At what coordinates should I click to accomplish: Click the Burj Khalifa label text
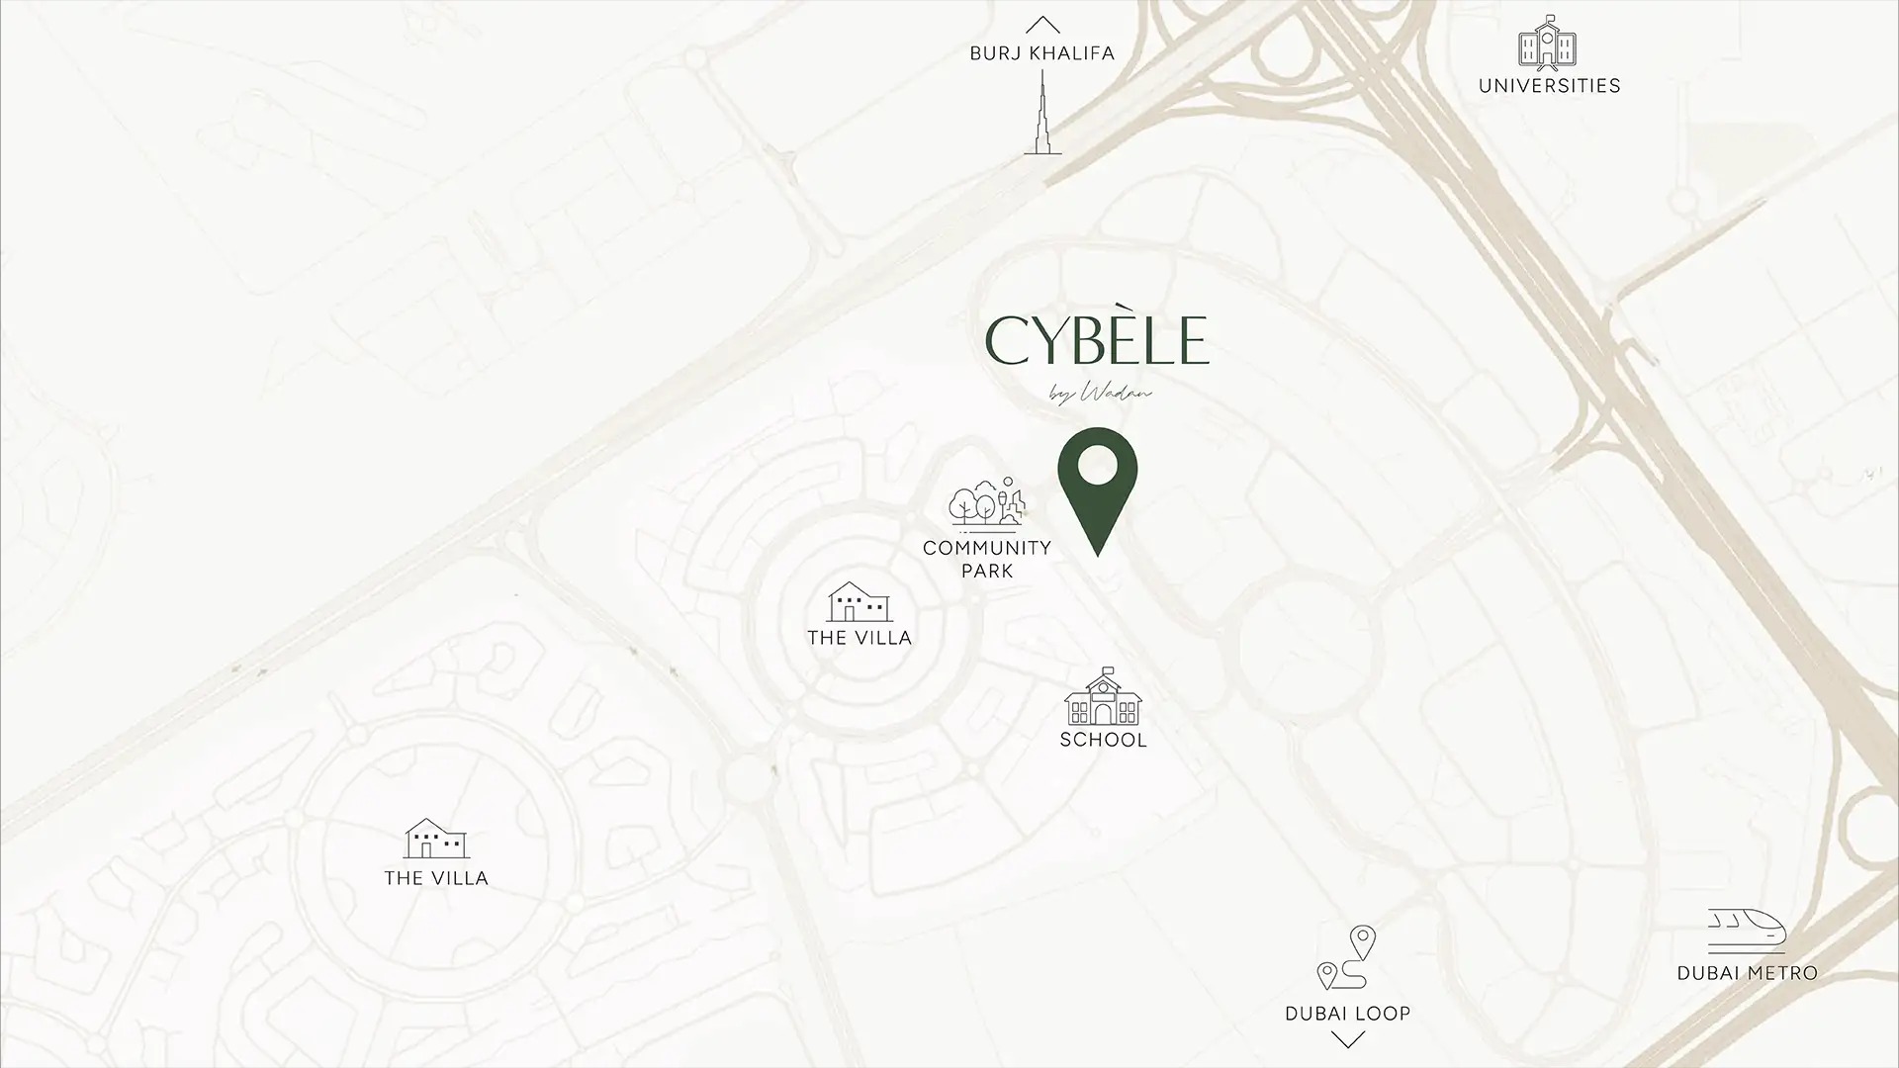click(x=1041, y=53)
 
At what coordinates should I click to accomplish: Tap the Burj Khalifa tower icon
click(x=1042, y=114)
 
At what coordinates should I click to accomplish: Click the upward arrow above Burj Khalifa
click(x=1042, y=25)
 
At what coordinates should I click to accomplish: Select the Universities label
click(x=1549, y=86)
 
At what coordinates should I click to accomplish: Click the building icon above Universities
click(x=1547, y=42)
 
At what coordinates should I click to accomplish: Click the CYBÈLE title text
click(x=1097, y=341)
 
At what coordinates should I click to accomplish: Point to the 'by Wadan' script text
click(x=1101, y=394)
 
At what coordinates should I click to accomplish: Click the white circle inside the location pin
click(x=1098, y=464)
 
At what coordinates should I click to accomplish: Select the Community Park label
click(x=987, y=559)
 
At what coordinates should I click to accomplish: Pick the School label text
click(x=1103, y=740)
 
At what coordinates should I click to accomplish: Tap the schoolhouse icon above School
click(x=1103, y=696)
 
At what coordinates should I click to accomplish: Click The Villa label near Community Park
click(x=859, y=638)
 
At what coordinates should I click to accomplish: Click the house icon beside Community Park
click(x=859, y=601)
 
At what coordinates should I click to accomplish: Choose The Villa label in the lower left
click(x=436, y=878)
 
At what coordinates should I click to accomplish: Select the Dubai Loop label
click(x=1347, y=1014)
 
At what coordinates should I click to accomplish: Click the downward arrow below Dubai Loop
click(x=1347, y=1039)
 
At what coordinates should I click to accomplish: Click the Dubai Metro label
click(x=1747, y=973)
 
